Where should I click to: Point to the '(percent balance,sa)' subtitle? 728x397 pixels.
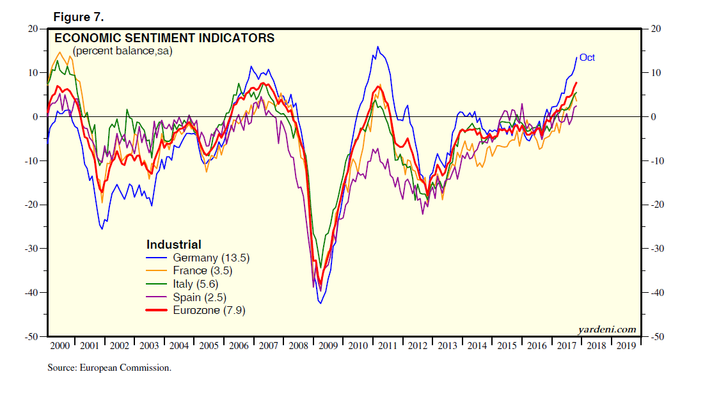pyautogui.click(x=122, y=51)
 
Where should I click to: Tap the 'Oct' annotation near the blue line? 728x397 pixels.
pyautogui.click(x=587, y=58)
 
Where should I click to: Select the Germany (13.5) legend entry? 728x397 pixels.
pyautogui.click(x=210, y=258)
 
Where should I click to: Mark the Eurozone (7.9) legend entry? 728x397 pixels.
pyautogui.click(x=209, y=311)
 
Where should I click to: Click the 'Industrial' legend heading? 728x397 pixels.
pyautogui.click(x=174, y=245)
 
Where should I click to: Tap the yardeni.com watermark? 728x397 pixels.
pyautogui.click(x=606, y=330)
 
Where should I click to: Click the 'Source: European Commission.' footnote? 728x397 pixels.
pyautogui.click(x=109, y=368)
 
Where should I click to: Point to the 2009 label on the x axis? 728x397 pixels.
pyautogui.click(x=328, y=346)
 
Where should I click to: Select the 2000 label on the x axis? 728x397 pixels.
pyautogui.click(x=59, y=346)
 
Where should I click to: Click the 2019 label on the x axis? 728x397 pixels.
pyautogui.click(x=626, y=346)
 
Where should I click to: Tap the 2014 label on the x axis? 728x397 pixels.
pyautogui.click(x=477, y=346)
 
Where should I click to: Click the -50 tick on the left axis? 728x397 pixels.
pyautogui.click(x=31, y=336)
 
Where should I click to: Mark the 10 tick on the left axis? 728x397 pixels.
pyautogui.click(x=33, y=73)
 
